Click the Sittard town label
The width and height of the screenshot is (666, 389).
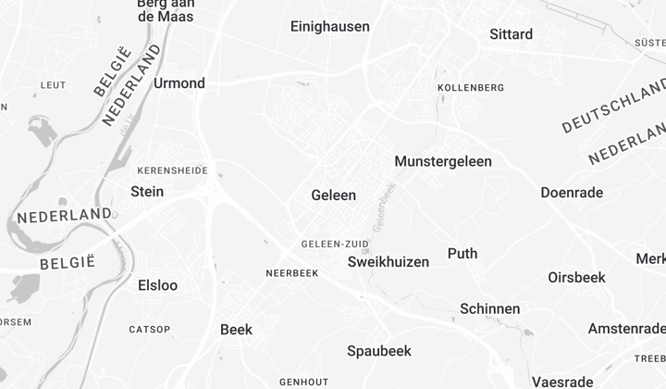click(x=511, y=34)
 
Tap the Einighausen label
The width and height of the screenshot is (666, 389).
click(x=329, y=27)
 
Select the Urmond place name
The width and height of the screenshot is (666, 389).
click(x=179, y=83)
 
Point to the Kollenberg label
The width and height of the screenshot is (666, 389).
click(x=470, y=88)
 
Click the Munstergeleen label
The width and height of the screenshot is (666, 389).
click(x=443, y=161)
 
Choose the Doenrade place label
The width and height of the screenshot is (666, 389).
click(x=572, y=193)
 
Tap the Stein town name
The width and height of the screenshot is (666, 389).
click(x=147, y=192)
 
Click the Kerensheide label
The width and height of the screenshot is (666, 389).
click(x=172, y=171)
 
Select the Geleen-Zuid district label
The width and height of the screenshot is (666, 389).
click(x=335, y=245)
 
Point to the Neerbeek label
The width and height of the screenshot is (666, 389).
click(x=291, y=273)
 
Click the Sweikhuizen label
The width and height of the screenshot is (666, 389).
click(x=388, y=262)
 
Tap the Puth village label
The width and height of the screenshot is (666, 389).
click(x=462, y=254)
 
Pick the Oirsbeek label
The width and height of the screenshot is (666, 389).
click(x=576, y=277)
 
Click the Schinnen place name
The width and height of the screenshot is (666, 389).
click(x=489, y=308)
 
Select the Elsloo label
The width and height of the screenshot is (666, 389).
click(x=157, y=285)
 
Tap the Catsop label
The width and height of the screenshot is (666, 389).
click(x=149, y=330)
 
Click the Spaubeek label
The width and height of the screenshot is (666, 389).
click(x=378, y=351)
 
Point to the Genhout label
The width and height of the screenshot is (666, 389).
click(x=303, y=382)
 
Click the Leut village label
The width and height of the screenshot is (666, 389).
click(x=53, y=85)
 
